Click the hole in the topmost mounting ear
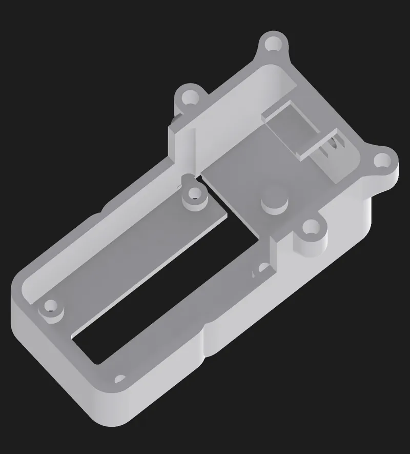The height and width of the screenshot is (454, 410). click(x=273, y=44)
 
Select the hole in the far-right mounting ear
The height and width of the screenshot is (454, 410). click(x=382, y=161)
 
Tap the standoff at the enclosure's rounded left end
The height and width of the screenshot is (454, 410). click(x=51, y=307)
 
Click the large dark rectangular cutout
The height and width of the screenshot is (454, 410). click(x=169, y=287)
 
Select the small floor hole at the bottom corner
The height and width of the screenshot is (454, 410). click(x=120, y=380)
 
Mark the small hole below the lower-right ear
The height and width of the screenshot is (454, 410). click(x=263, y=268)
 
